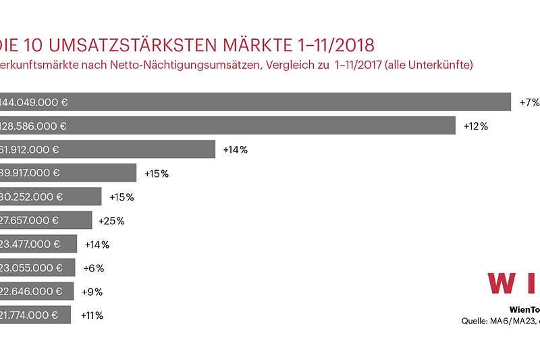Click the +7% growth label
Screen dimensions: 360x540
[x=529, y=103]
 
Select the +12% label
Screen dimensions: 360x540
[x=475, y=126]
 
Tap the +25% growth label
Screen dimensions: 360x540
[x=111, y=221]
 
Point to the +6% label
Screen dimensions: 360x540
[x=93, y=268]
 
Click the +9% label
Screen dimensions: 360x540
[x=92, y=292]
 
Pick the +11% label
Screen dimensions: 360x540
[x=92, y=315]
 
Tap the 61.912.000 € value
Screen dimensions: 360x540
[x=30, y=150]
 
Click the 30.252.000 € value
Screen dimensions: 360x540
[x=31, y=197]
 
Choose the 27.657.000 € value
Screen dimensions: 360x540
[x=29, y=221]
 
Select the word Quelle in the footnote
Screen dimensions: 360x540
[x=475, y=321]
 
